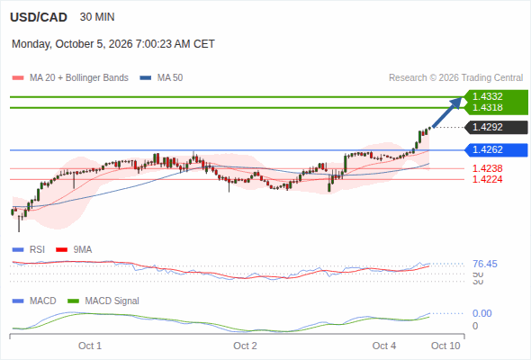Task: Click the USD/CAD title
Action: coord(39,17)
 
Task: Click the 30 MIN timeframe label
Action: coord(97,17)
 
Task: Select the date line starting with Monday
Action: coord(113,44)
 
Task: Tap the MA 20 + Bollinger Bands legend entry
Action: coord(70,78)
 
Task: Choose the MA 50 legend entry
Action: coord(161,78)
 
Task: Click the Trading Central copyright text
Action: coord(455,78)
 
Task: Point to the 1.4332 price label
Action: coord(487,96)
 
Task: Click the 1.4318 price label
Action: coord(487,107)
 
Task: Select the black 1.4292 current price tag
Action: coord(496,127)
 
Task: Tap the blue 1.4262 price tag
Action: coord(496,149)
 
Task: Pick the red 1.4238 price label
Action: coord(487,168)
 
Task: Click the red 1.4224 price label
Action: coord(487,179)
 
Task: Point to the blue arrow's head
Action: coord(462,97)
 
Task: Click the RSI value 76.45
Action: coord(485,264)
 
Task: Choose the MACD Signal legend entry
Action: coord(103,301)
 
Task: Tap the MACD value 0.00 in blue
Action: coord(481,313)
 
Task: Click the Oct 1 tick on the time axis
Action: coord(90,346)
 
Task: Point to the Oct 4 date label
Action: coord(384,346)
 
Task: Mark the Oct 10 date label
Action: coord(445,346)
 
